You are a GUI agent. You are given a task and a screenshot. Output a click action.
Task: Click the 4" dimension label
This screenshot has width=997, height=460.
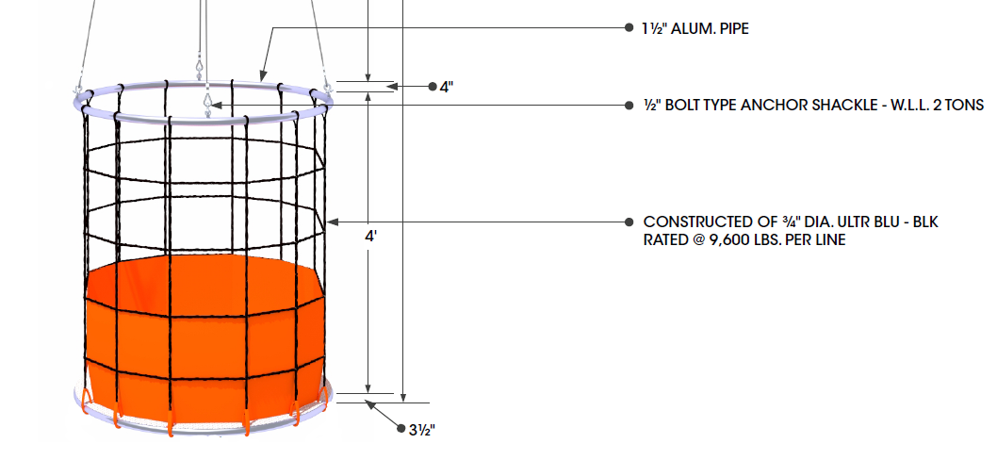[447, 87]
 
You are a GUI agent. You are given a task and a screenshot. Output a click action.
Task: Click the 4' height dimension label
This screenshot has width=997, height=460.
[371, 237]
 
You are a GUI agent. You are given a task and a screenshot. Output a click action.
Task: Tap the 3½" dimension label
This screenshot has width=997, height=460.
[421, 429]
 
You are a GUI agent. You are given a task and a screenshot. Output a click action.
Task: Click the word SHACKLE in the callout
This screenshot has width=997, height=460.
[811, 105]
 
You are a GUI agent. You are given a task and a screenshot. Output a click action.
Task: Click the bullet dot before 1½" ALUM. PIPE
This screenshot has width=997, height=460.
[629, 28]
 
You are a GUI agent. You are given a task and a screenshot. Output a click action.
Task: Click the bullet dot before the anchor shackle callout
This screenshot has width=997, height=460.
[629, 105]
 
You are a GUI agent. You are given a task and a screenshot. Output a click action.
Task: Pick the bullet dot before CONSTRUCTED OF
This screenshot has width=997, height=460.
[629, 222]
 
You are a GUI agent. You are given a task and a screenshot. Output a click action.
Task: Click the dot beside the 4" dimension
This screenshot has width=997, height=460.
[432, 87]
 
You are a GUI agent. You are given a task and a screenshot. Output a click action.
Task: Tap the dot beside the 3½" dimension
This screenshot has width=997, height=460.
[400, 429]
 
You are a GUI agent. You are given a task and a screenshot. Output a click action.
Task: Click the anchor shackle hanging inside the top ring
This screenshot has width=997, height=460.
[206, 102]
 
